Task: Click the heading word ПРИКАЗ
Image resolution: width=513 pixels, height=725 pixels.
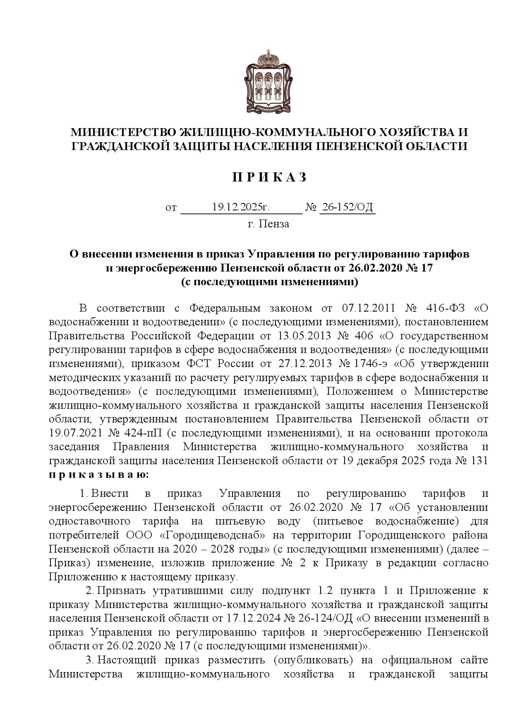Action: coord(269,177)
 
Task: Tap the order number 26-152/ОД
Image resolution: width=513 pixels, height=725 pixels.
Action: coord(347,208)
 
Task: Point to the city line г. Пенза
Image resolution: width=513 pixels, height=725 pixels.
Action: coord(268,223)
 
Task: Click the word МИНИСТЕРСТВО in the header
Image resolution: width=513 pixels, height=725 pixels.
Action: coord(123,131)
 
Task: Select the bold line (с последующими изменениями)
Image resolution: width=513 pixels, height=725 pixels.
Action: coord(269,282)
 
